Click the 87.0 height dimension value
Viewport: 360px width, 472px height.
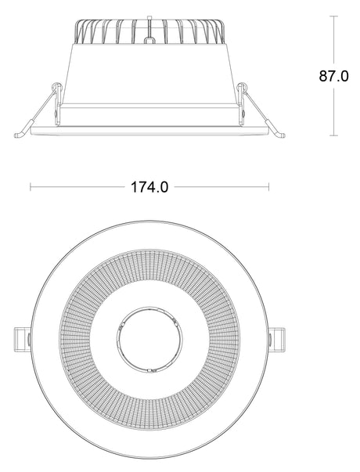coord(333,77)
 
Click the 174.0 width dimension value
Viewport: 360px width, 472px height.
coord(149,187)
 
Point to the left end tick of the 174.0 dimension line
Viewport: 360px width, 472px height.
coord(31,187)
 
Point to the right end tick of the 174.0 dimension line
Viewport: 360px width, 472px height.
coord(269,187)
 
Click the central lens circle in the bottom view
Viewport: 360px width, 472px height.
coord(149,339)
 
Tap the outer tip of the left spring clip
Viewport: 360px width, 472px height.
coord(18,135)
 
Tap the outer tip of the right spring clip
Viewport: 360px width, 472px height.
coord(281,135)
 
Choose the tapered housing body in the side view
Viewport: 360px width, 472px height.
coord(149,74)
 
